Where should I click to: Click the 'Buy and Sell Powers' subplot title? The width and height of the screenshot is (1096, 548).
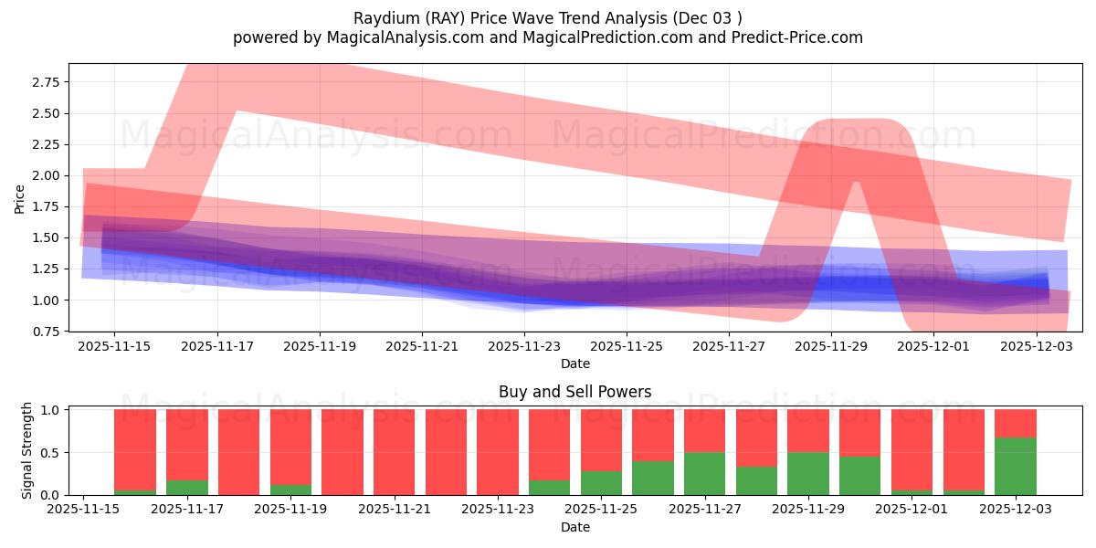click(x=574, y=392)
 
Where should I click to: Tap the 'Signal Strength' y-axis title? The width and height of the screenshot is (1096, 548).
click(x=27, y=450)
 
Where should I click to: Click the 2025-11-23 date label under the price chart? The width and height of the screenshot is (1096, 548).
click(x=523, y=347)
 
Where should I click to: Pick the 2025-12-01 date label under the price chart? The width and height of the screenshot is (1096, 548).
click(x=933, y=347)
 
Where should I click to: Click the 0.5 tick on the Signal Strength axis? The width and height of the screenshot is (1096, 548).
click(x=51, y=453)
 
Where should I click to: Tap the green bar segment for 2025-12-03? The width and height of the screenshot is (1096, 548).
click(x=1016, y=466)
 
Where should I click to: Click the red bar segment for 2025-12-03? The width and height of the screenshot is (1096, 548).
click(x=1016, y=423)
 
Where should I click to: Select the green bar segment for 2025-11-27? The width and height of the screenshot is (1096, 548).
click(x=704, y=473)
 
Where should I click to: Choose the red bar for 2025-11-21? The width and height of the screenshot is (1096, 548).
click(x=394, y=452)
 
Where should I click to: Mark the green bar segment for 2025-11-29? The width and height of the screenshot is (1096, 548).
click(x=807, y=473)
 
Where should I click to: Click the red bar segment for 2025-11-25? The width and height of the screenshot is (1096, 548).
click(x=601, y=439)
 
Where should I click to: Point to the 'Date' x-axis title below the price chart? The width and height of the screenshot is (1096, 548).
click(x=574, y=364)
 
